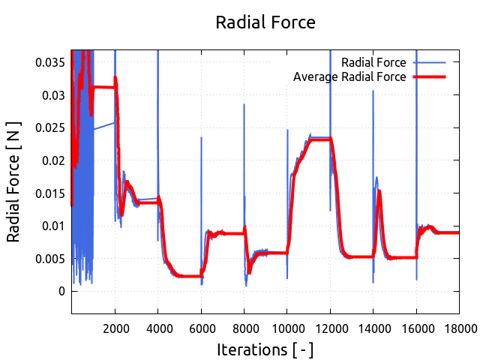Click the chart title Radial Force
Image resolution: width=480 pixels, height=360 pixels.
click(265, 22)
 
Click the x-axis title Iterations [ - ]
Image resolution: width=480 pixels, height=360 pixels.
click(265, 349)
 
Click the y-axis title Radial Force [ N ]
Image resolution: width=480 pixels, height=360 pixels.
click(14, 182)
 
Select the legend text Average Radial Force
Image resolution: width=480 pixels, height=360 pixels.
click(349, 76)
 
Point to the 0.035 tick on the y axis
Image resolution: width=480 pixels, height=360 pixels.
click(50, 62)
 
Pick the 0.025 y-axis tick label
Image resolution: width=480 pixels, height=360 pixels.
click(50, 127)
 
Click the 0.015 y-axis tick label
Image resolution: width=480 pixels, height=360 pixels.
click(50, 193)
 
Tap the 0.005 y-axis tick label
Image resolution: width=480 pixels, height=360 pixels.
click(50, 258)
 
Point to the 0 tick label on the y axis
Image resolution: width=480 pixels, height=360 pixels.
click(62, 291)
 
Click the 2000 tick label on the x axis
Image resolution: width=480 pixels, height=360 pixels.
click(115, 328)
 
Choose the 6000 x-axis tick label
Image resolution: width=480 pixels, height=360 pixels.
click(201, 328)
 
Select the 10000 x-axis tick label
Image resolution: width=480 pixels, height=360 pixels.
click(287, 328)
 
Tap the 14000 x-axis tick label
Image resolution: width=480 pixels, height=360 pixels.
click(373, 328)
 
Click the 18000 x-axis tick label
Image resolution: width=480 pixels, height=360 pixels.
click(460, 328)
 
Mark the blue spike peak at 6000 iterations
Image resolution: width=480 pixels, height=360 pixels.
click(201, 137)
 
